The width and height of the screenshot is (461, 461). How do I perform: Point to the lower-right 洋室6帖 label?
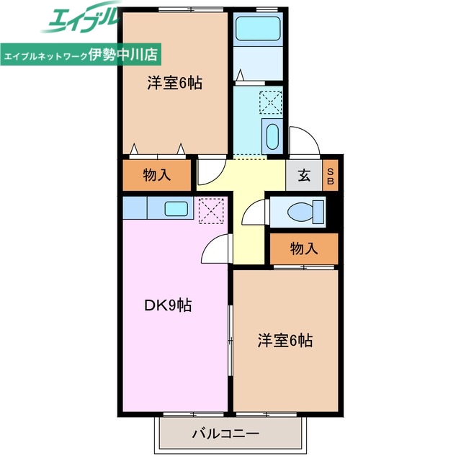tap(285, 341)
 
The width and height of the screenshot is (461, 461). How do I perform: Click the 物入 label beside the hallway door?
tap(157, 174)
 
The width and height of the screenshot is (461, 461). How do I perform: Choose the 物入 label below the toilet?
tap(303, 249)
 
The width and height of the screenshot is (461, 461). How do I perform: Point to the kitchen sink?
tap(175, 209)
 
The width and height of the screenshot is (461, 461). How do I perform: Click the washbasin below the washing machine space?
tap(272, 135)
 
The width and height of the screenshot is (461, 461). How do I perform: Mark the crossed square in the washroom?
tap(271, 102)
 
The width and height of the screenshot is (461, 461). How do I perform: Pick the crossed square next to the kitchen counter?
tap(211, 210)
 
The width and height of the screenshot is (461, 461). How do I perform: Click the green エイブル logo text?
tap(80, 22)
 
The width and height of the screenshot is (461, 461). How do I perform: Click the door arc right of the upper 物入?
tap(210, 171)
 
